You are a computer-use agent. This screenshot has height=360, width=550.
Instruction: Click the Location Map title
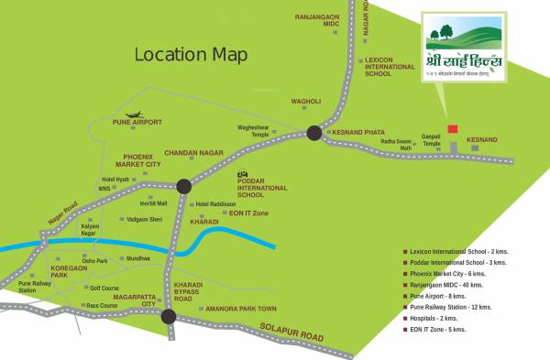(x=191, y=54)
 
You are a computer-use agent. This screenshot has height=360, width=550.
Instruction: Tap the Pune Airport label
(x=137, y=122)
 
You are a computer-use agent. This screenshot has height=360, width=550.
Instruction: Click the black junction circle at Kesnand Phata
(x=314, y=133)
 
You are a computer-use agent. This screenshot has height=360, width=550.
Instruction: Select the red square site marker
(x=451, y=129)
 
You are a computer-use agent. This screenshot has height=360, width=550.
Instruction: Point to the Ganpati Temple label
(x=431, y=140)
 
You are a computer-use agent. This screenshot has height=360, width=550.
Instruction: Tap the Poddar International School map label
(x=263, y=189)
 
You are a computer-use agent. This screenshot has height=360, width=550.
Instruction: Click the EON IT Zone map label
(x=248, y=213)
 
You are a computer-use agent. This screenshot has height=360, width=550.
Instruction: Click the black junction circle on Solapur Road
(x=169, y=317)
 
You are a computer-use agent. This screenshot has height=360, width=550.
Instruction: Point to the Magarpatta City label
(x=136, y=300)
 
